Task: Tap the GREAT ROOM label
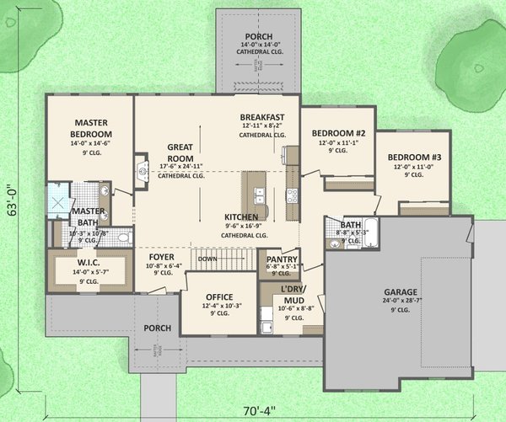click(x=180, y=152)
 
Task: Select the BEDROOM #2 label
click(x=337, y=133)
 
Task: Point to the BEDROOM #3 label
click(x=413, y=158)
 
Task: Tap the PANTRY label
click(x=280, y=259)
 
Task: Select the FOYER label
click(x=162, y=257)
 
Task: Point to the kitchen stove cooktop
click(x=293, y=195)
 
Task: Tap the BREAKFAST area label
click(x=261, y=117)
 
